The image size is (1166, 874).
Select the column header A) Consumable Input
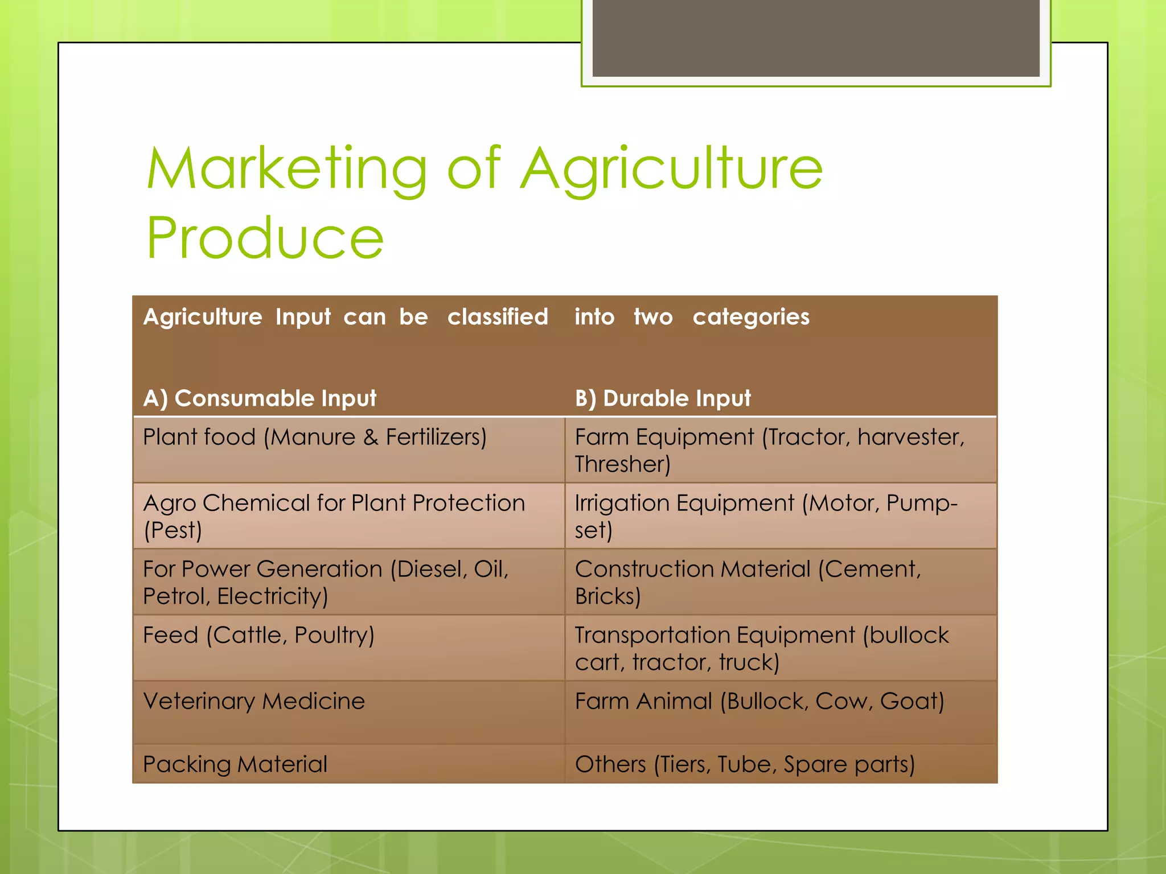[260, 398]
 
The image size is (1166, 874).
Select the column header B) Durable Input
[663, 398]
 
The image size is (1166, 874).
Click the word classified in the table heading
[498, 317]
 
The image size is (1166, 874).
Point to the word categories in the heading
[751, 317]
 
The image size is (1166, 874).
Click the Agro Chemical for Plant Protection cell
[334, 516]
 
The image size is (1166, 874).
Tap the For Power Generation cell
[326, 582]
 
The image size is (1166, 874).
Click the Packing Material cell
[235, 764]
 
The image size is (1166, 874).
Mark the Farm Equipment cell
[769, 450]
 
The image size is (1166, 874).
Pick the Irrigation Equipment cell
[766, 516]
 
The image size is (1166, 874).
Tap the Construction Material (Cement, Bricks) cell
[748, 582]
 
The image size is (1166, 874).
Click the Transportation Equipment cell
[762, 648]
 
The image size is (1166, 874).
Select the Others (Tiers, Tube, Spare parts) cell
[745, 764]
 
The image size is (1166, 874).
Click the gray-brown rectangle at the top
[816, 38]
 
